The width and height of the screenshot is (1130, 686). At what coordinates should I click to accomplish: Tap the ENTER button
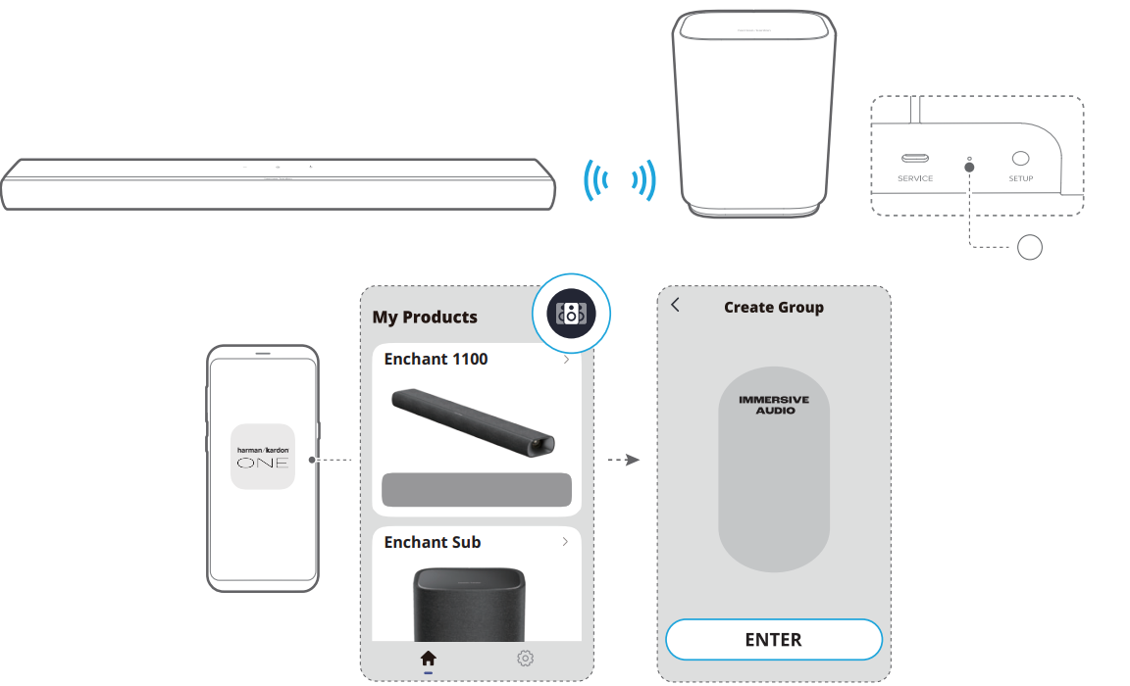tap(773, 639)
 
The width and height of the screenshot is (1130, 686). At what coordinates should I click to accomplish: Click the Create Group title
tap(774, 308)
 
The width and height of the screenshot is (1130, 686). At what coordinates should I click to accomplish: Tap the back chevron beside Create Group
tap(675, 305)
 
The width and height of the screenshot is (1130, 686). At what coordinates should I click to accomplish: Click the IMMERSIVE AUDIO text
tap(774, 405)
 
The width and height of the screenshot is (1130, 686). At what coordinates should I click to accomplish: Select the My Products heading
tap(425, 318)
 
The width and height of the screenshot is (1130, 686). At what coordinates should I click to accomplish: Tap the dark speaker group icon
tap(572, 314)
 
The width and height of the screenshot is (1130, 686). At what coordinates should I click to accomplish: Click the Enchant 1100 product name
tap(436, 359)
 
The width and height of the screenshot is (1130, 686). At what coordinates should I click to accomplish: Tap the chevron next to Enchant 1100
tap(566, 360)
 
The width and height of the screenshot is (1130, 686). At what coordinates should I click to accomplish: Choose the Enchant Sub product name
tap(433, 542)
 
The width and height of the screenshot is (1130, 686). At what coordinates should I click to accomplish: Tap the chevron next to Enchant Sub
tap(565, 541)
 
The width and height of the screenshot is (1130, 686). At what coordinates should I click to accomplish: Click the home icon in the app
tap(428, 658)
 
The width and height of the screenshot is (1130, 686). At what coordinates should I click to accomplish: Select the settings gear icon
tap(526, 658)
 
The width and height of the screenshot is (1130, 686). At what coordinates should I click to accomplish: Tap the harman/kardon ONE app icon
tap(263, 457)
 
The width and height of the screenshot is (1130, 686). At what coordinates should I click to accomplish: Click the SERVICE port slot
tap(915, 158)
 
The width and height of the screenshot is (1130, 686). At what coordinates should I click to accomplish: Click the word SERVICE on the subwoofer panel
tap(915, 178)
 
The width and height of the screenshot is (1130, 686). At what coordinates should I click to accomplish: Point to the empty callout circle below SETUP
tap(1030, 247)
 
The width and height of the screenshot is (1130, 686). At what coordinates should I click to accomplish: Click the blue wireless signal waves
tap(620, 180)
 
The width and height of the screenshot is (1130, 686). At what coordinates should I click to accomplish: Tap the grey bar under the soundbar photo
tap(477, 489)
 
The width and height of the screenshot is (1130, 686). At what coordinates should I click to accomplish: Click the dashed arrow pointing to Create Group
tap(624, 460)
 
